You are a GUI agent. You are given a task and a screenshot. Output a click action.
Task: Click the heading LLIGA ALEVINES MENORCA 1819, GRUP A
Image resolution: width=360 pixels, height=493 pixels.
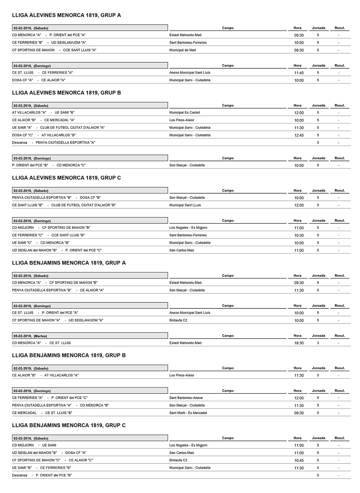tap(66, 15)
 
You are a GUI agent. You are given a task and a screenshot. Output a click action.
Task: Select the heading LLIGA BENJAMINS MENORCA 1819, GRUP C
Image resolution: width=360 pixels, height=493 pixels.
tap(69, 425)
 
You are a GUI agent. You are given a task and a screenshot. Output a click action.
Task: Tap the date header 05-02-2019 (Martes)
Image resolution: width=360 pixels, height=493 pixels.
tap(30, 336)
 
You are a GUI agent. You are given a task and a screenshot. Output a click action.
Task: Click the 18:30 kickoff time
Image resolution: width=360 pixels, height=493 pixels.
tap(299, 343)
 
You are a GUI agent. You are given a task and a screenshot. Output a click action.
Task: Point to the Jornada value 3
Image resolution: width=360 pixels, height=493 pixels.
tap(318, 343)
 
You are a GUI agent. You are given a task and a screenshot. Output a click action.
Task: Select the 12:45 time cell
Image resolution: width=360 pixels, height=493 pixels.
tap(299, 136)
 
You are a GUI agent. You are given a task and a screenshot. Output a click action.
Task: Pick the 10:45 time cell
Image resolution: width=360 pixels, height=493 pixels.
tap(299, 461)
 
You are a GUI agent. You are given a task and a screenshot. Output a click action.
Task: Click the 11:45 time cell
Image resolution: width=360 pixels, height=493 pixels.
tap(299, 73)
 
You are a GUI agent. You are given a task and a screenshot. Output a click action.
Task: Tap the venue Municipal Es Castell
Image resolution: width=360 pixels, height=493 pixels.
tap(184, 113)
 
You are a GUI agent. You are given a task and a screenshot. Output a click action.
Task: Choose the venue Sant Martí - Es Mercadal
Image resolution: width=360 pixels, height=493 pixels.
tap(188, 413)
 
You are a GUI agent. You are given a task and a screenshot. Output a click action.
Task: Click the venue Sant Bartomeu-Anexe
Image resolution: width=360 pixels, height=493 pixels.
tap(186, 398)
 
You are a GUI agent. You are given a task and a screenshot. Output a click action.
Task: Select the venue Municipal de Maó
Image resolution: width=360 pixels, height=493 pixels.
tap(183, 50)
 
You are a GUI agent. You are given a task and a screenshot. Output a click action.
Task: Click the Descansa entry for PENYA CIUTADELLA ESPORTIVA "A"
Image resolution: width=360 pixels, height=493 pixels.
tap(53, 143)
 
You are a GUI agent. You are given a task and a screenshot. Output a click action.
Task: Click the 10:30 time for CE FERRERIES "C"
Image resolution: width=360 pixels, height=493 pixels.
tap(299, 236)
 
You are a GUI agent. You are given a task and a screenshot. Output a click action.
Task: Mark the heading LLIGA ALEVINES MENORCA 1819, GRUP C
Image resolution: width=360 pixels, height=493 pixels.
tap(66, 178)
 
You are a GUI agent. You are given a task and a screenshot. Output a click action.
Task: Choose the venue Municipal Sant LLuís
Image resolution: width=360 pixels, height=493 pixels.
tap(185, 205)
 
